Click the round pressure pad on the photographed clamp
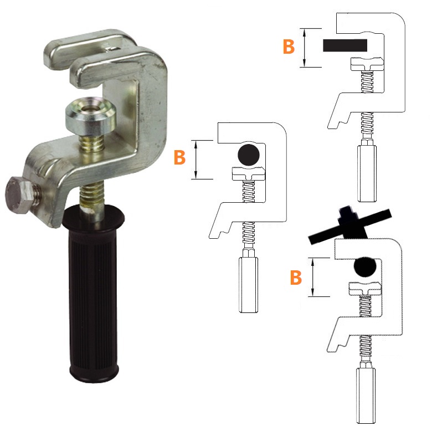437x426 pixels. [x=91, y=116]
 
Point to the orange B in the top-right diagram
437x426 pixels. [x=289, y=47]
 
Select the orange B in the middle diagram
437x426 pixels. [x=179, y=157]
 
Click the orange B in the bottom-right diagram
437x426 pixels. [x=296, y=277]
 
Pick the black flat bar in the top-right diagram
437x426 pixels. [x=345, y=45]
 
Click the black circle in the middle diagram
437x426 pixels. [x=249, y=155]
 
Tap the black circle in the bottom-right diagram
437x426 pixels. [x=365, y=266]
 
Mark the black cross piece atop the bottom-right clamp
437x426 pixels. [x=351, y=226]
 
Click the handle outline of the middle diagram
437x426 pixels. [x=249, y=284]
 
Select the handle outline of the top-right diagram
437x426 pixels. [x=367, y=173]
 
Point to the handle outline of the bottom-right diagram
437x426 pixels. [x=366, y=396]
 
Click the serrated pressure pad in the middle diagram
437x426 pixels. [x=249, y=174]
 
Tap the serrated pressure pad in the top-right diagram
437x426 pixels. [x=367, y=64]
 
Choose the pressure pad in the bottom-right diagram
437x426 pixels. [x=365, y=289]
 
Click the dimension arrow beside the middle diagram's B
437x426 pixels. [x=196, y=160]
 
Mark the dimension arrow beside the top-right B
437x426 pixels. [x=305, y=48]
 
